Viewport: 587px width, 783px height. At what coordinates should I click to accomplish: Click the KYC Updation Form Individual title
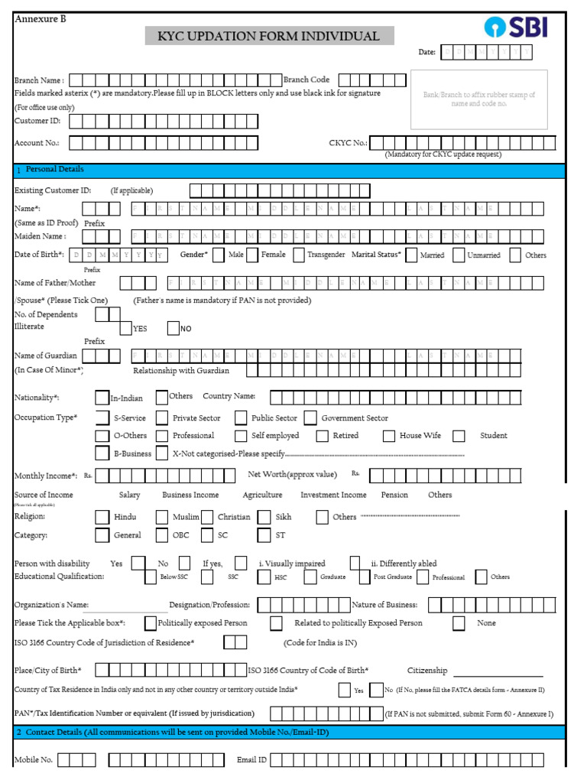pos(269,36)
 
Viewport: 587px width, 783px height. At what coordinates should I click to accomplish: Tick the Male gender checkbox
pos(218,255)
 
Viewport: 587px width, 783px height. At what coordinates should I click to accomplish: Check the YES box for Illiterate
pos(125,329)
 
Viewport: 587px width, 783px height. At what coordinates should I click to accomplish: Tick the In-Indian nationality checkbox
pos(102,398)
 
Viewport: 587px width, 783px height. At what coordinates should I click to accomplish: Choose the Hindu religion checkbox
pos(102,517)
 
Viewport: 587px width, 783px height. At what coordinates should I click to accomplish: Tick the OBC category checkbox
pos(162,535)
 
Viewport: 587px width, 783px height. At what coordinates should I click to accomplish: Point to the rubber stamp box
pos(478,99)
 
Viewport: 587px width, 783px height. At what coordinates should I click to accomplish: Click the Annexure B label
pos(41,19)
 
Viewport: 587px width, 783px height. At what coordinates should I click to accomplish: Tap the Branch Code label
pos(306,80)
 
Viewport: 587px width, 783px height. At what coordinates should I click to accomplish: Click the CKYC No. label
pos(348,143)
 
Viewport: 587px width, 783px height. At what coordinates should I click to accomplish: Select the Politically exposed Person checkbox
pos(151,623)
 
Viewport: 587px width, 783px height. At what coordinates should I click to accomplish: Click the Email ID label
pos(251,760)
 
